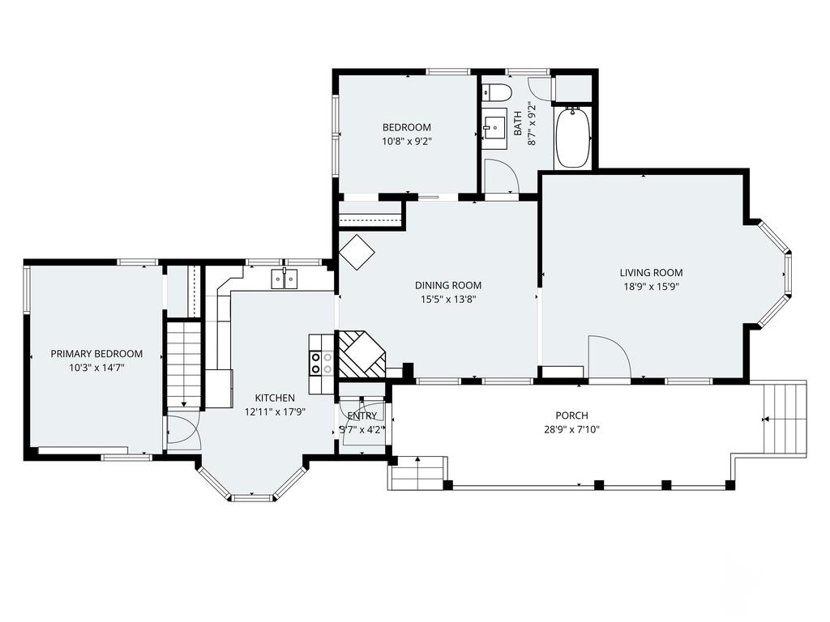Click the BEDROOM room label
pos(406,127)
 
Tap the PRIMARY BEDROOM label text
pos(96,354)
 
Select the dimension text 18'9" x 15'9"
pos(650,286)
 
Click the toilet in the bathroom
pos(494,91)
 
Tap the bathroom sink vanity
pos(494,126)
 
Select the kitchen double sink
pos(284,279)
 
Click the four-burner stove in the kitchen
pos(321,362)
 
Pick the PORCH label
pos(571,415)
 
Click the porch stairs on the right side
pos(784,419)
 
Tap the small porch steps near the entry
pos(418,473)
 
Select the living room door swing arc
pos(609,356)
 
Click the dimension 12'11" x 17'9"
pos(274,411)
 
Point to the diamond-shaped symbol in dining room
pos(357,253)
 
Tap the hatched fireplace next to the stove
pos(360,354)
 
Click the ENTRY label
pos(362,416)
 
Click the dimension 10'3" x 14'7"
pos(96,367)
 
